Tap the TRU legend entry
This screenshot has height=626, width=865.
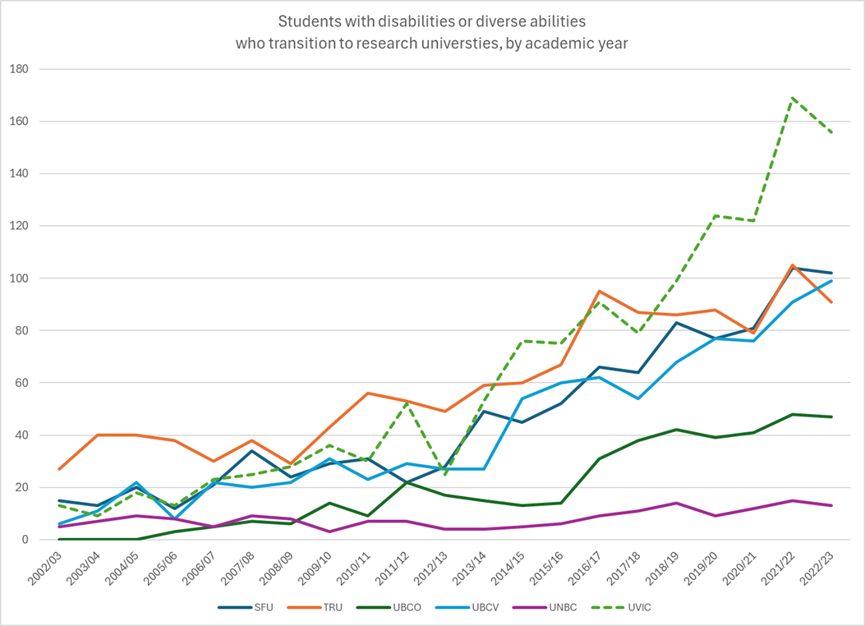pyautogui.click(x=338, y=607)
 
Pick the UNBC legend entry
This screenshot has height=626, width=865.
pyautogui.click(x=563, y=607)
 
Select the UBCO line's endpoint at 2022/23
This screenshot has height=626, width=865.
pyautogui.click(x=832, y=417)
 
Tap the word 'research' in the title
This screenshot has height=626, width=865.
pyautogui.click(x=393, y=44)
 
